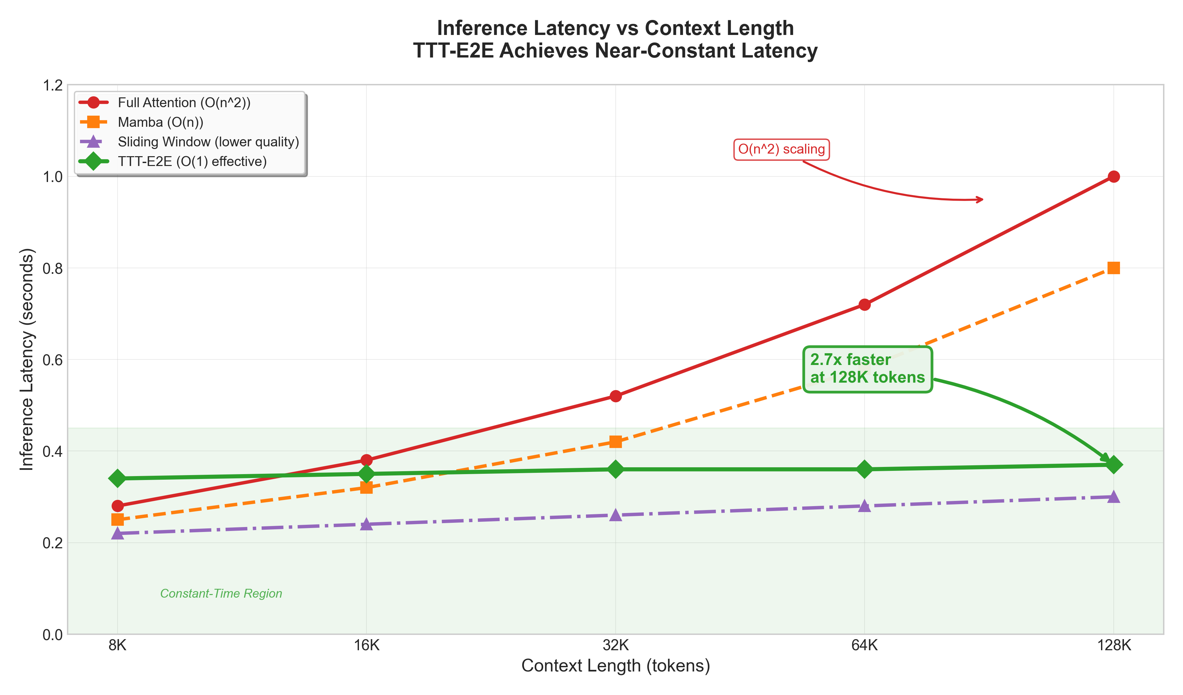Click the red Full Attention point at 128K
[x=1113, y=176]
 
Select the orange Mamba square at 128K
[x=1113, y=268]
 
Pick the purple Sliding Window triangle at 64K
[x=864, y=506]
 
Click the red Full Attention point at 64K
[x=864, y=305]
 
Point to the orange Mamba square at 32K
[x=615, y=441]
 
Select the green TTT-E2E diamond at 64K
[x=864, y=469]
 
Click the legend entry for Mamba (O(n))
[x=160, y=122]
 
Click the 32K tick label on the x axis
[x=615, y=646]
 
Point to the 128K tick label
[x=1113, y=646]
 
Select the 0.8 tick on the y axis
[x=52, y=269]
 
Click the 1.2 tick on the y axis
[x=52, y=86]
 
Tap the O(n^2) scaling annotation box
[x=781, y=149]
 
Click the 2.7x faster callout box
[x=867, y=369]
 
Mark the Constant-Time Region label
[x=221, y=594]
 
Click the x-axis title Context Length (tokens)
[x=615, y=666]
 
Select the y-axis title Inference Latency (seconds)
[x=27, y=359]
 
